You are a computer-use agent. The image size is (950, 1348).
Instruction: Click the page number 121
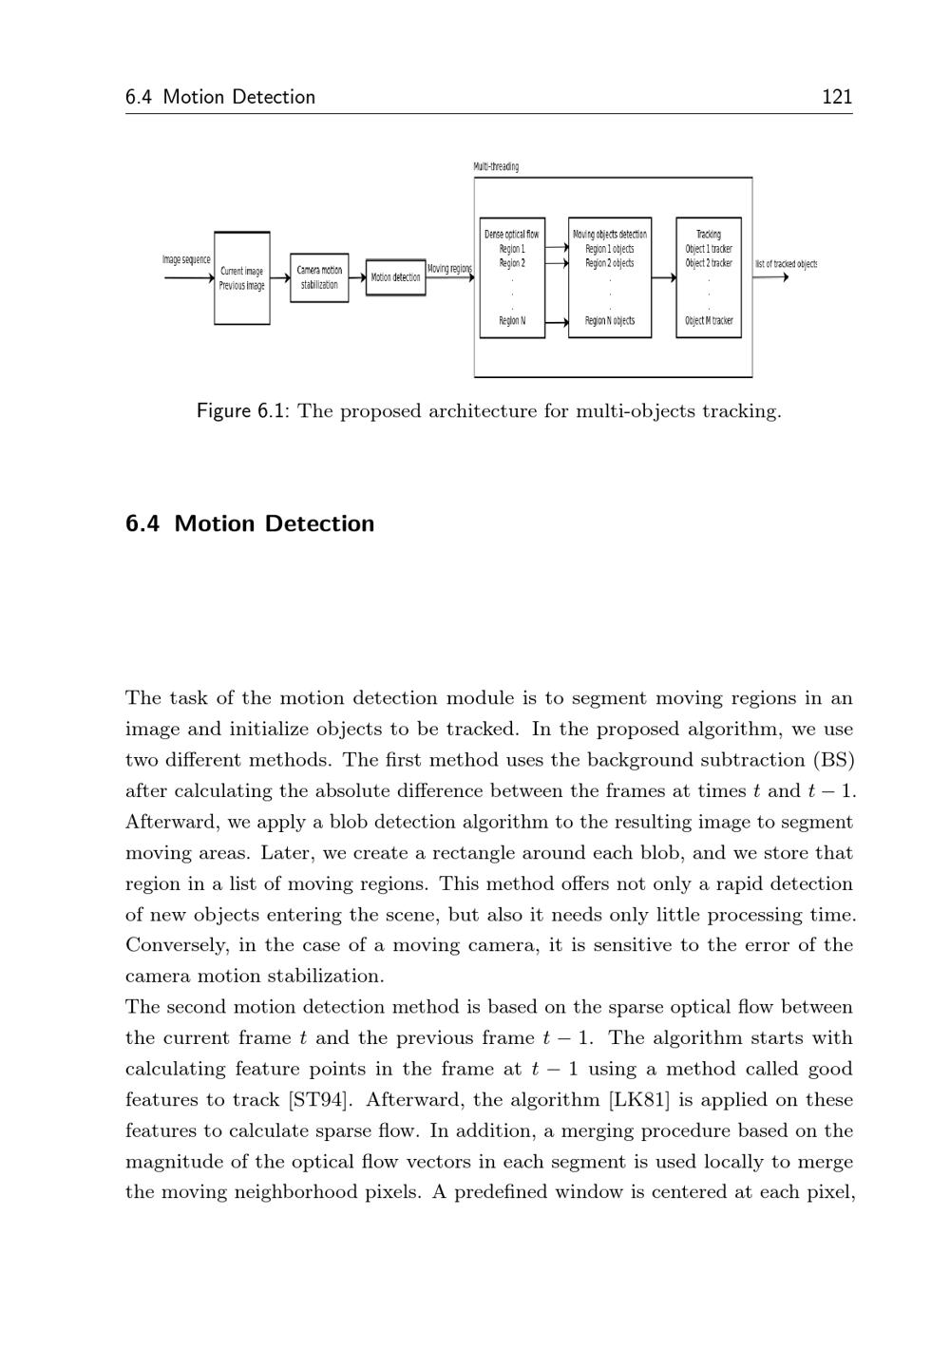[x=836, y=97]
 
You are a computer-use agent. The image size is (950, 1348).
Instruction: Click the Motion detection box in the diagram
[x=395, y=277]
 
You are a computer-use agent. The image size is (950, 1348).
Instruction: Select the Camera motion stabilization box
[x=319, y=277]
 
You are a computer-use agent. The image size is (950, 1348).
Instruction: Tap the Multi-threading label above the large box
[x=496, y=167]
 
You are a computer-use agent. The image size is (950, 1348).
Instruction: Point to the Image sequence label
[x=186, y=259]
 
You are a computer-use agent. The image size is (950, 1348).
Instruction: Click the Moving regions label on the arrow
[x=449, y=269]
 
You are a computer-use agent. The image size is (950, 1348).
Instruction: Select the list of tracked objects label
[x=786, y=264]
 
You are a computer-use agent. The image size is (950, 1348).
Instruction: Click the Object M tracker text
[x=709, y=321]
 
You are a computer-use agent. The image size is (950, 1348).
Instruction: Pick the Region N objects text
[x=610, y=321]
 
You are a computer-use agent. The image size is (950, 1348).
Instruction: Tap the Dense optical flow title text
[x=511, y=234]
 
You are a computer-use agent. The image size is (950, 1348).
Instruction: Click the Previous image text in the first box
[x=242, y=286]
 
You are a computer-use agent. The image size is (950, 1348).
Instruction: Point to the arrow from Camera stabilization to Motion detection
[x=357, y=277]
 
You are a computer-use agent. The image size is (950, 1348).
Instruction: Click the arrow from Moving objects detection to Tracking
[x=663, y=278]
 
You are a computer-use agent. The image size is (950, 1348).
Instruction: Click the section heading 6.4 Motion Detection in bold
[x=250, y=523]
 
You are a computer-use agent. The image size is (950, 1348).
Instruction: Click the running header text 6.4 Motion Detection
[x=220, y=97]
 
